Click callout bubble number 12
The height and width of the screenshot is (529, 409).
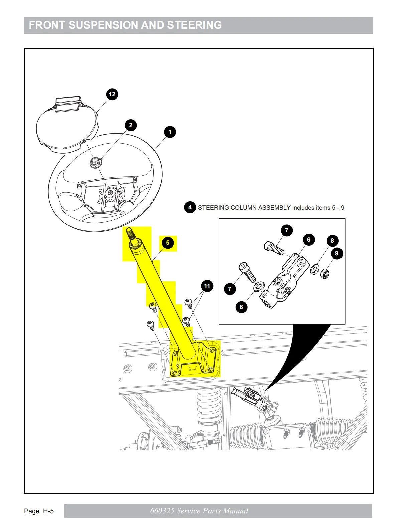tap(112, 94)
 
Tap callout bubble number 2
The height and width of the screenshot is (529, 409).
tap(131, 125)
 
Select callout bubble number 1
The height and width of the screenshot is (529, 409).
tap(170, 132)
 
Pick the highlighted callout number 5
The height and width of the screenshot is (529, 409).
tap(168, 243)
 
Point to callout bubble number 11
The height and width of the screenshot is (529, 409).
tap(207, 286)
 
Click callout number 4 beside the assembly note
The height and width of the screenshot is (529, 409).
tap(190, 207)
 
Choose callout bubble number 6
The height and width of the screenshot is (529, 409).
tap(309, 240)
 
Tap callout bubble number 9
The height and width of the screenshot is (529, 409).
tap(337, 253)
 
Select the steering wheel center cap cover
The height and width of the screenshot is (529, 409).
tap(67, 125)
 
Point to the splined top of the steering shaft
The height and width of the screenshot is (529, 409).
tap(130, 234)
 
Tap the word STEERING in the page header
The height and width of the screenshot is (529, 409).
tap(194, 25)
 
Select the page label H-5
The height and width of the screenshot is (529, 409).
tap(48, 511)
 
